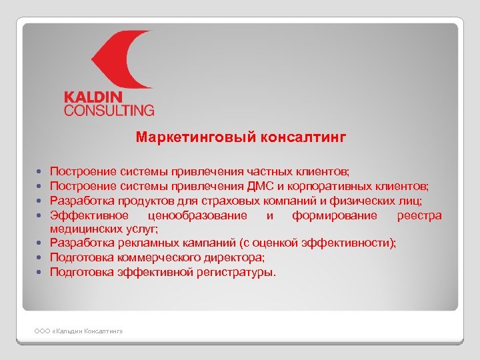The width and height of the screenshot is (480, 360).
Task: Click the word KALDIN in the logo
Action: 95,97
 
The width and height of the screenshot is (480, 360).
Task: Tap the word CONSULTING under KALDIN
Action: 109,110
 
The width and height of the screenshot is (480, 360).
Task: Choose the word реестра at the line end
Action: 419,215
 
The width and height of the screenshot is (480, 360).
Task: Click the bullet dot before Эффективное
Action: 41,215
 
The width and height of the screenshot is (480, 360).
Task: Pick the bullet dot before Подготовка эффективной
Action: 41,273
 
